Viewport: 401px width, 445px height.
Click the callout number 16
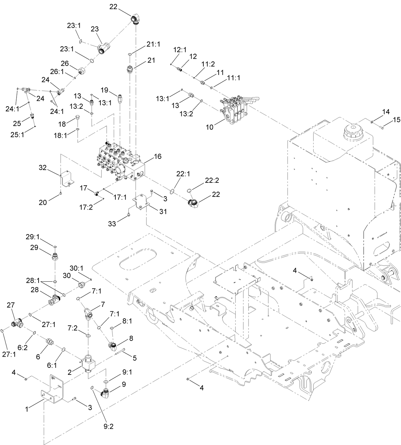157,156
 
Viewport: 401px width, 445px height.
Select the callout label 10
209,127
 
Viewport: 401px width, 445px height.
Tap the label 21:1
153,45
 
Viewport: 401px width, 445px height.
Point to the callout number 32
43,167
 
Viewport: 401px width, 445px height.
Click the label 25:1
17,135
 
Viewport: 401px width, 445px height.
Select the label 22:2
212,181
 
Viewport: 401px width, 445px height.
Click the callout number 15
396,120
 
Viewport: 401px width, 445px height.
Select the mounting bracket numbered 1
53,389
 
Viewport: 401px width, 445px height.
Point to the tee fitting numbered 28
55,299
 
